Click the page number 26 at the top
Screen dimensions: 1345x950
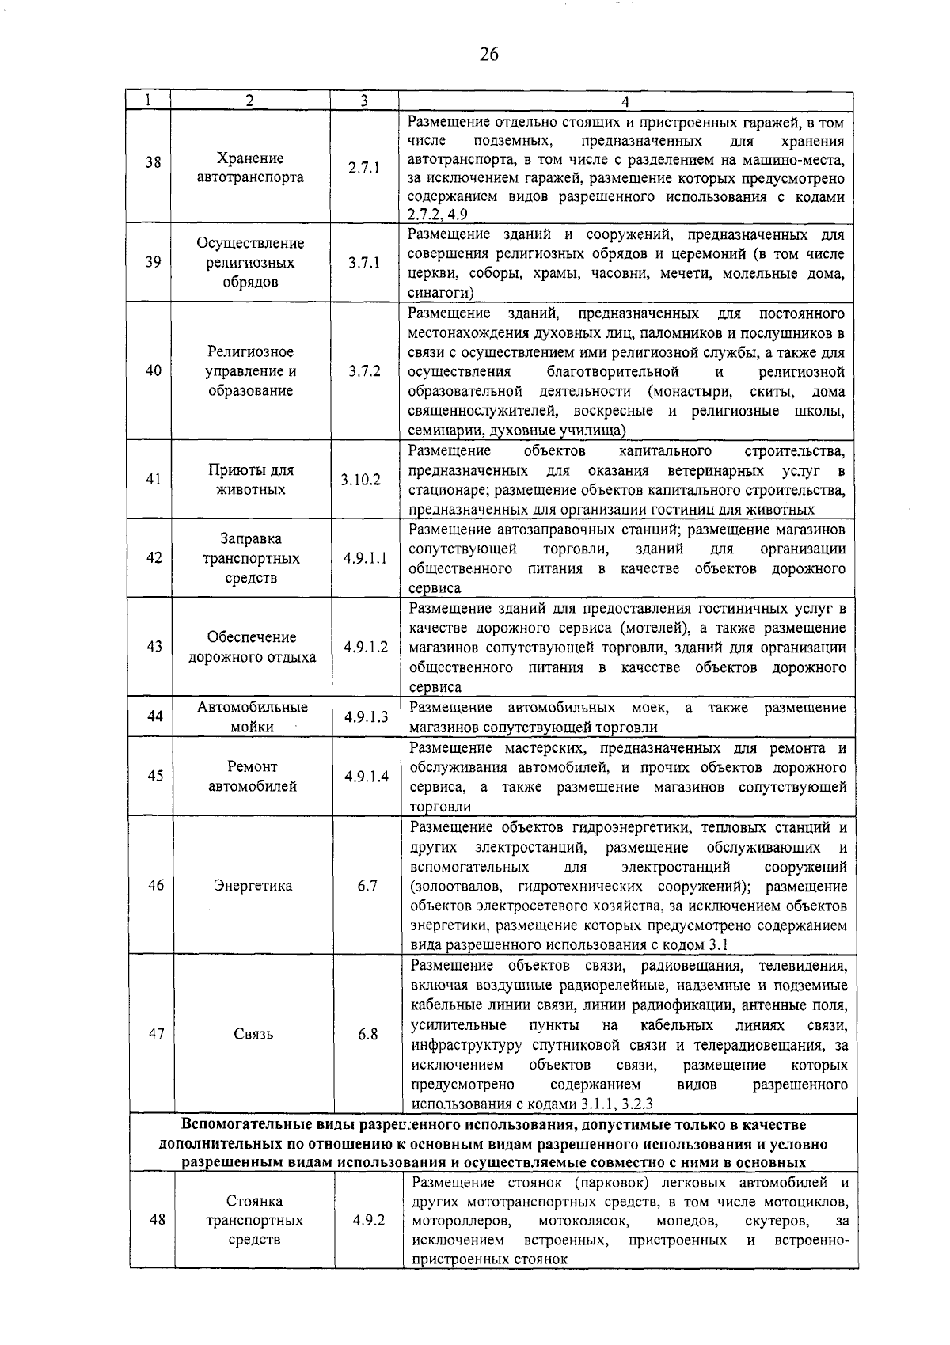click(x=488, y=55)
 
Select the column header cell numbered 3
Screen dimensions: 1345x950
click(x=363, y=101)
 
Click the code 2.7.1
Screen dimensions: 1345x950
click(x=364, y=168)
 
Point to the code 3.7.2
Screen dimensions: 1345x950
click(x=364, y=371)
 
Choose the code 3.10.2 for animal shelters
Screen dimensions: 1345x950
click(x=361, y=480)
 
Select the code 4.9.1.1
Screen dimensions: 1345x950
click(x=365, y=558)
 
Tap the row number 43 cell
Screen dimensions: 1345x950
click(x=154, y=647)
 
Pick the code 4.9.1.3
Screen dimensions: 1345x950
click(x=366, y=717)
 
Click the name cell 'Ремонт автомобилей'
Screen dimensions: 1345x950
click(x=253, y=777)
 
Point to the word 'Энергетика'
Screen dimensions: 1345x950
click(x=253, y=886)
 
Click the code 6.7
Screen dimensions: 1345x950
click(x=367, y=886)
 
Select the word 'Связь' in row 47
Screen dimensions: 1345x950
click(x=253, y=1035)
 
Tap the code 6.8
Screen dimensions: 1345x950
click(x=367, y=1035)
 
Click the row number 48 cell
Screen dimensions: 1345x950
click(x=157, y=1242)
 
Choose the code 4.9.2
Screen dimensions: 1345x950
click(x=369, y=1242)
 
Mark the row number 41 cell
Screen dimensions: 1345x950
click(x=154, y=480)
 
